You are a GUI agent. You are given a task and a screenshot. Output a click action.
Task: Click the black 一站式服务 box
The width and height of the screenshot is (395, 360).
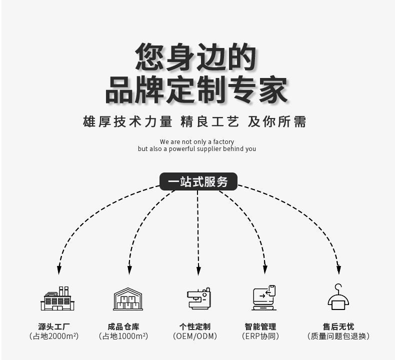198,181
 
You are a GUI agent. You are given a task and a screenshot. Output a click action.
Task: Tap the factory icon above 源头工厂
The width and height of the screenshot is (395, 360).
57,298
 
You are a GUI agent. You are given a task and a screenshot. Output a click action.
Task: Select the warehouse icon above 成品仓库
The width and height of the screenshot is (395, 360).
128,299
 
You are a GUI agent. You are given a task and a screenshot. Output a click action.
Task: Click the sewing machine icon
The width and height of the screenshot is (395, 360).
199,298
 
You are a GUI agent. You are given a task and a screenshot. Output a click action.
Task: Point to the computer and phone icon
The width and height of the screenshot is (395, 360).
264,298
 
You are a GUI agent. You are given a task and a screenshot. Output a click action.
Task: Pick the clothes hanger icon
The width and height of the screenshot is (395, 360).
338,297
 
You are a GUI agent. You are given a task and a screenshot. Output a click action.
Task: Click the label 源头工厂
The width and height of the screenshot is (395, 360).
54,326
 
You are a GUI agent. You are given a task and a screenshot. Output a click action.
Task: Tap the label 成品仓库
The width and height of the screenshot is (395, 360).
123,326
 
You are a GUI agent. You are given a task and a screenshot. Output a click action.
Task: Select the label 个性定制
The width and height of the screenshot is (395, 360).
195,326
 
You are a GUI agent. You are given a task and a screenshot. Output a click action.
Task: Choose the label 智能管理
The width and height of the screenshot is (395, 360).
260,326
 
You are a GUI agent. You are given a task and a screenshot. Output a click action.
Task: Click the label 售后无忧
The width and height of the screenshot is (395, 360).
338,326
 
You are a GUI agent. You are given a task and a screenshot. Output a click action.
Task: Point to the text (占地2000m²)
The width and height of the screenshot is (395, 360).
54,336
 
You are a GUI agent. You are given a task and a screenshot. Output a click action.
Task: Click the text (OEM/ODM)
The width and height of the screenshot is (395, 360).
195,336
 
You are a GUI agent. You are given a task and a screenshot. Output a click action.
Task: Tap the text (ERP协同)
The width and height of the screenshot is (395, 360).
260,336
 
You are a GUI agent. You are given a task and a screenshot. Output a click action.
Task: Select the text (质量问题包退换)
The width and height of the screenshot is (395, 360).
338,336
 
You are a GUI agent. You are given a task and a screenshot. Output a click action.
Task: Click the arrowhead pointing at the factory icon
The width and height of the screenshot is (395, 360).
59,270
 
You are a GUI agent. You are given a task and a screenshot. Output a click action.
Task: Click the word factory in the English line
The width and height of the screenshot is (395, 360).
223,141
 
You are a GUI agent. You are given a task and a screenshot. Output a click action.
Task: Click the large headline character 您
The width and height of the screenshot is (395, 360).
150,56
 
